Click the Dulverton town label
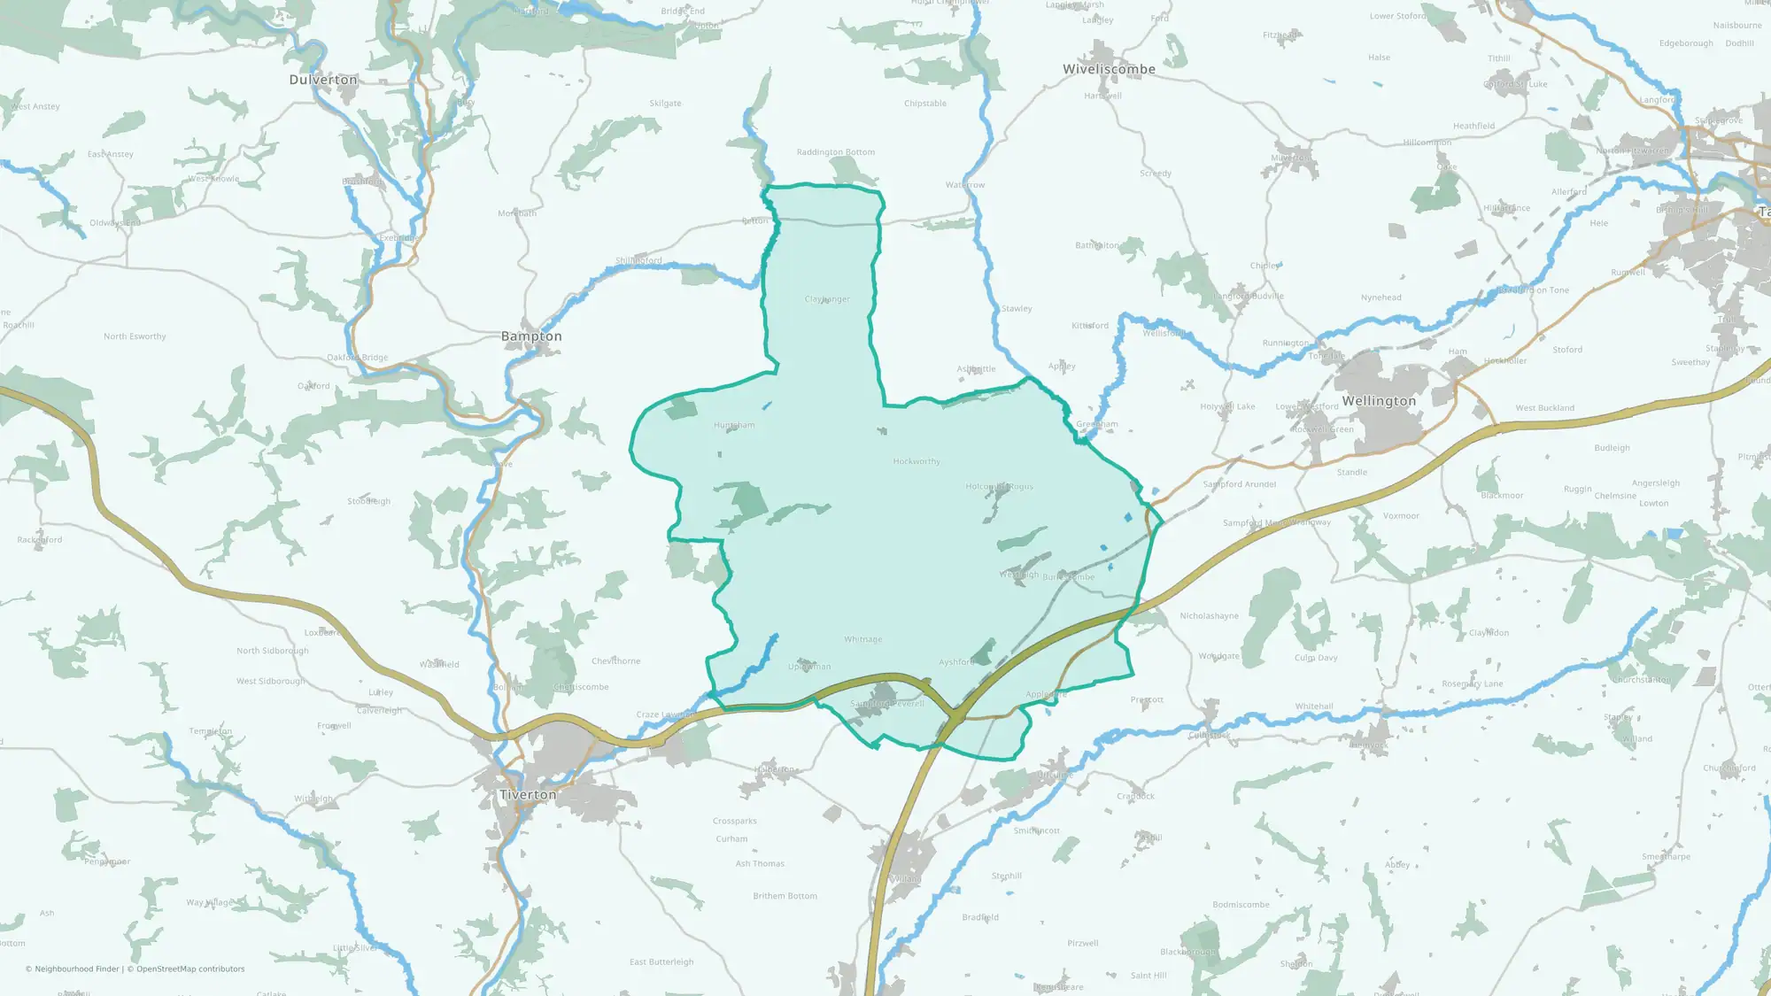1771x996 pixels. [323, 80]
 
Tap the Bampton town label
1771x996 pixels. [531, 336]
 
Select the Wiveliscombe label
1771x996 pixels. [1109, 69]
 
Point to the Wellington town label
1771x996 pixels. [1379, 401]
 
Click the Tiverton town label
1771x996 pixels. [528, 795]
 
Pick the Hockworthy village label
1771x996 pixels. [916, 461]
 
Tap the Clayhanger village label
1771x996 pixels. [827, 299]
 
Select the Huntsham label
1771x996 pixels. [734, 425]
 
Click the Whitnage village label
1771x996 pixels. [862, 639]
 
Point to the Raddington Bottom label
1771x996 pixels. [835, 152]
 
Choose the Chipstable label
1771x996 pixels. [925, 104]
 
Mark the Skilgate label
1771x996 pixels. [665, 104]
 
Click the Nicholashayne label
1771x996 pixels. [1209, 616]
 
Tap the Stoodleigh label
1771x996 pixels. [368, 501]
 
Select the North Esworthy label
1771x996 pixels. [135, 336]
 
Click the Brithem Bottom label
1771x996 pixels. [785, 896]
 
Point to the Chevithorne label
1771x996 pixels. [615, 661]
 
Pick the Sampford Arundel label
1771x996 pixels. [1239, 484]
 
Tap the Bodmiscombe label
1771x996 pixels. [1241, 905]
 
